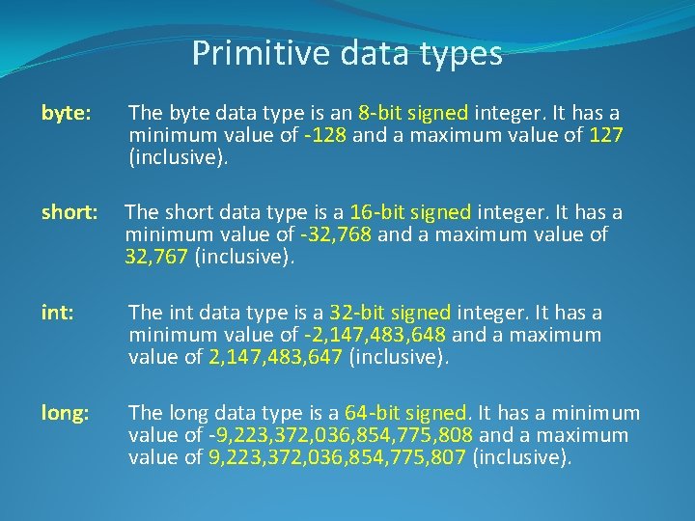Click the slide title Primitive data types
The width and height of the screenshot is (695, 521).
(347, 53)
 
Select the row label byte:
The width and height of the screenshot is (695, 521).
(66, 114)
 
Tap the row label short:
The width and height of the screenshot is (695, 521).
(69, 212)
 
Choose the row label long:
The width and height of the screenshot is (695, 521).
(66, 413)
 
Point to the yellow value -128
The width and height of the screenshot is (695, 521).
(325, 136)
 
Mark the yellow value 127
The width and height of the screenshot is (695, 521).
(606, 136)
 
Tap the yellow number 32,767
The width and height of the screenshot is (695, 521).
(156, 258)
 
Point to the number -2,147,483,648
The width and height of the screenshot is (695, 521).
(375, 336)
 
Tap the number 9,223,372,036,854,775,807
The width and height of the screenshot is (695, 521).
(337, 458)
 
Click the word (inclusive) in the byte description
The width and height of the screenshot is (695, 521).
(179, 158)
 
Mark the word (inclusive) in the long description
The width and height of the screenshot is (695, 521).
(521, 458)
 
